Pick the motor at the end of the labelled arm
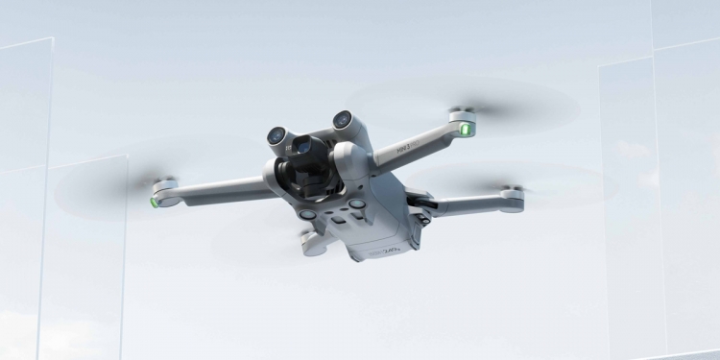pyautogui.click(x=464, y=119)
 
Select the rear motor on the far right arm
pyautogui.click(x=514, y=196)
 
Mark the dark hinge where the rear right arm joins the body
pyautogui.click(x=420, y=201)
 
